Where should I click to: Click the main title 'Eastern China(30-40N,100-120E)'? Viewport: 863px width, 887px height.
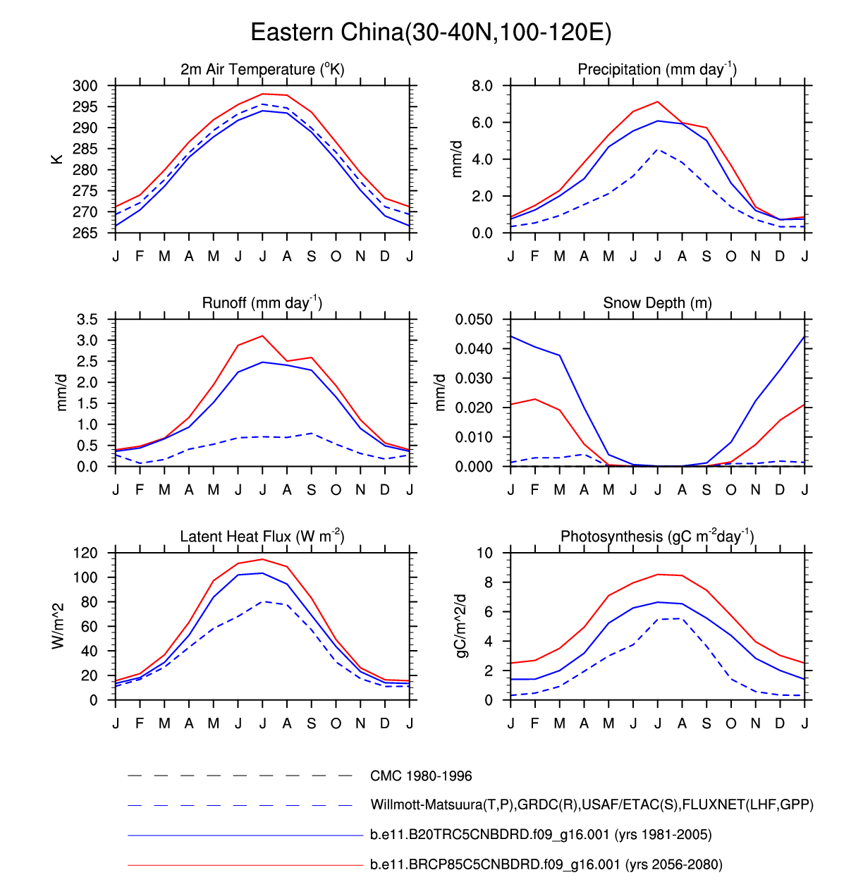pos(431,32)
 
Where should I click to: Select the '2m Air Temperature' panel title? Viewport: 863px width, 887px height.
pos(262,69)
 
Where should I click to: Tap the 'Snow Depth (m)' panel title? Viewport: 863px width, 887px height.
pos(657,303)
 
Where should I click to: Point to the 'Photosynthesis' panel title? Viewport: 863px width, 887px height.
pos(657,537)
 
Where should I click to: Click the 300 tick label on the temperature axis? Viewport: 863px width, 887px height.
pos(85,86)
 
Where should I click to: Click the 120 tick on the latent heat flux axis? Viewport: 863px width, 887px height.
pos(85,553)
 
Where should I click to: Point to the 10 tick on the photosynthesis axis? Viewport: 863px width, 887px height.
pos(484,553)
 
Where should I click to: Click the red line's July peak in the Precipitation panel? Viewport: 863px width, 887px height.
pos(658,102)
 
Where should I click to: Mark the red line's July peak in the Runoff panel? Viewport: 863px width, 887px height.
pos(262,336)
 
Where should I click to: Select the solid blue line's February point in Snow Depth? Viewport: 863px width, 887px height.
pos(535,347)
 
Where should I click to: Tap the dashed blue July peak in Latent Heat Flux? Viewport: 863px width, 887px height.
pos(262,601)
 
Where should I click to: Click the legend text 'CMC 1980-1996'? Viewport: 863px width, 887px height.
pos(421,776)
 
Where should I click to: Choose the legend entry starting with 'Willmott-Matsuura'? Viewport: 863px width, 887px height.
pos(592,805)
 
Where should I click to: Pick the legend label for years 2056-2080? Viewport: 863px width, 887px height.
pos(546,864)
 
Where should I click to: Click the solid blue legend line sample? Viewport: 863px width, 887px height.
pos(245,836)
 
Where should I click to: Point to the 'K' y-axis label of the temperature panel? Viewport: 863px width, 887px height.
pos(57,159)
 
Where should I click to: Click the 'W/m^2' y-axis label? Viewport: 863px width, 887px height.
pos(58,626)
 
